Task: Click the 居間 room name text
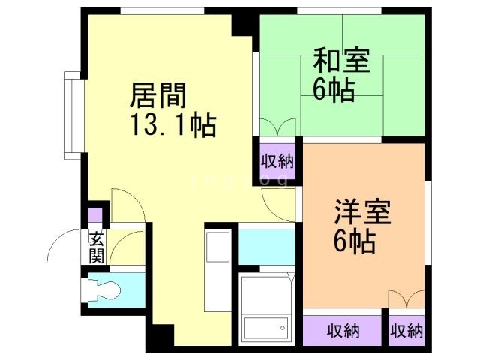click(x=158, y=95)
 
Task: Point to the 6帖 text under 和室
click(x=333, y=89)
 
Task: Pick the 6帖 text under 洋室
click(x=354, y=242)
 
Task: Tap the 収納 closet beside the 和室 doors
click(x=277, y=160)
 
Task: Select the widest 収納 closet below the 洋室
click(x=343, y=330)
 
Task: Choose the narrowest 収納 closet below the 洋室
click(x=406, y=330)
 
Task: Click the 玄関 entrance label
click(x=96, y=247)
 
